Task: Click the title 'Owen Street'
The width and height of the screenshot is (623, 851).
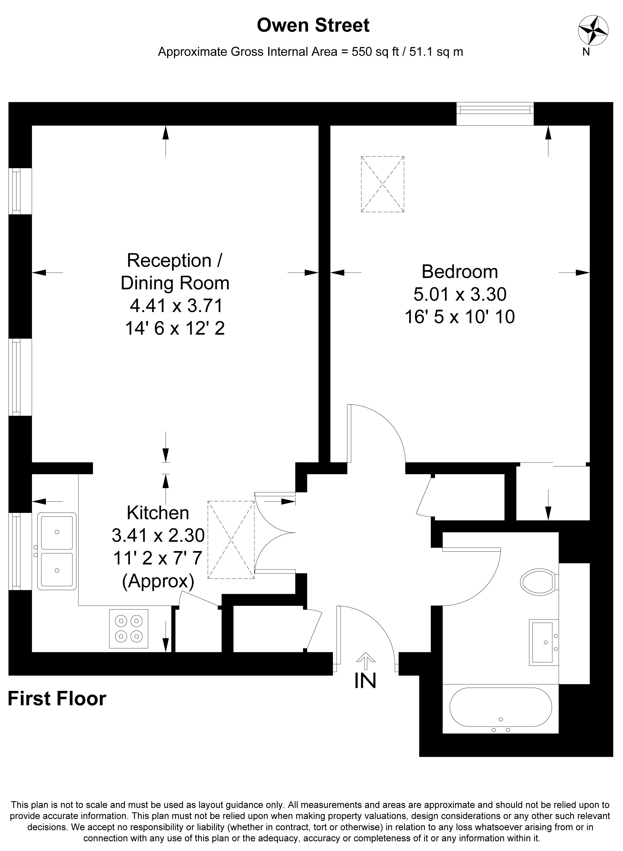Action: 313,26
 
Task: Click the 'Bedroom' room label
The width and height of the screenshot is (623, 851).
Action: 459,272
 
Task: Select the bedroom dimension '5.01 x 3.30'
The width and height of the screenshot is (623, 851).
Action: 460,294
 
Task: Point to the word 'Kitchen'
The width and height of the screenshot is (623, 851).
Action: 158,513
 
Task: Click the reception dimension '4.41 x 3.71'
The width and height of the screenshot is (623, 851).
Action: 176,305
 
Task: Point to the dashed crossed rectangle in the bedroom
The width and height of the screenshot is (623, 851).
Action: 383,184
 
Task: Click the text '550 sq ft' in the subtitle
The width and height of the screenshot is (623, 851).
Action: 375,52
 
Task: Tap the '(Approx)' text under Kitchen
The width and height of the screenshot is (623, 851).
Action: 158,581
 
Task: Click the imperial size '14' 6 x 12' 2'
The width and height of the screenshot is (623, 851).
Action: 175,328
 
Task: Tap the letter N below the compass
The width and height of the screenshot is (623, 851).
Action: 586,52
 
